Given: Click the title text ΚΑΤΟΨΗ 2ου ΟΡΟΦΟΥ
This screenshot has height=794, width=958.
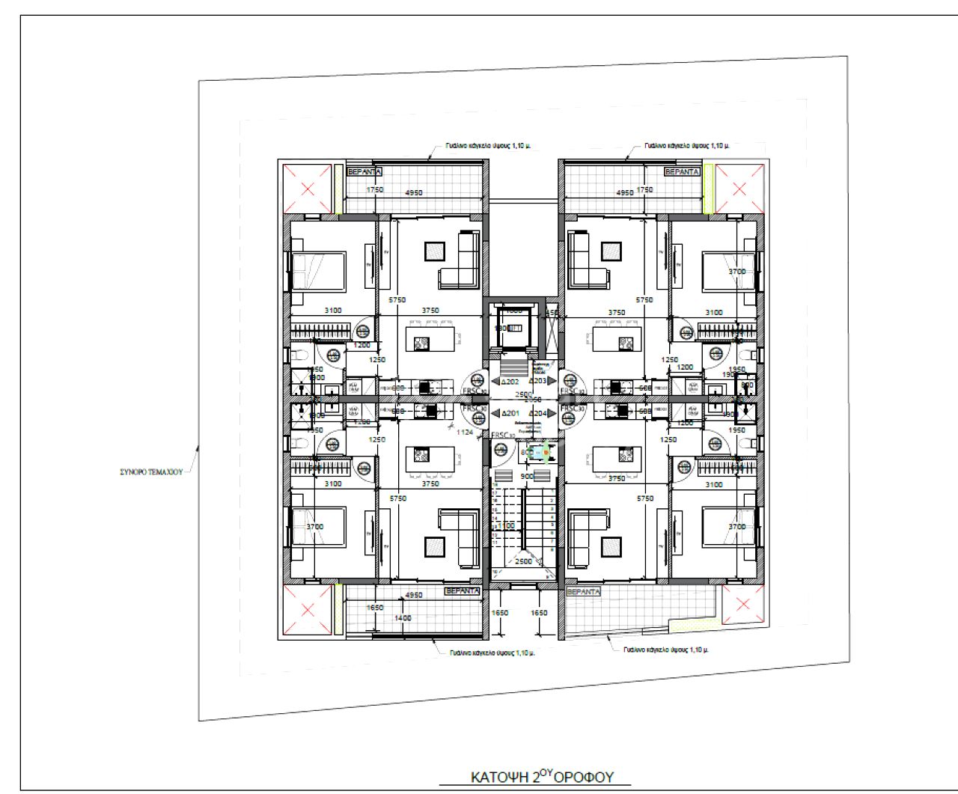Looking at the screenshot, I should [542, 777].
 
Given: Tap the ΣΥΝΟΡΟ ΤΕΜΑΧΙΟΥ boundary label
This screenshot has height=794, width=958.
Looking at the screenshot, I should [151, 472].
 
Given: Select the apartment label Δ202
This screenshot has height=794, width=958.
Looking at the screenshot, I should [509, 382].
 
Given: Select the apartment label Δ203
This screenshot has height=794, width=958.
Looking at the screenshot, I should [537, 382].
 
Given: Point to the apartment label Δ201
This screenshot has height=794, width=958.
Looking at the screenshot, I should [510, 413].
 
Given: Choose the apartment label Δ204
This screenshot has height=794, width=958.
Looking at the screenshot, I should [537, 413].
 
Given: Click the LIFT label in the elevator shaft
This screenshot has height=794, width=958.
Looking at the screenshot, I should [514, 329].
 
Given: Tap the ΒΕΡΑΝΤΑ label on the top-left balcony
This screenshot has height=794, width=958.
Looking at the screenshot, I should [365, 172].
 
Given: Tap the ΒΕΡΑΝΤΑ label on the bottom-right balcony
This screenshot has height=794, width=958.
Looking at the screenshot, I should [584, 592].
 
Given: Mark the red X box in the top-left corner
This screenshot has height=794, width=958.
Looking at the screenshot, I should [307, 189].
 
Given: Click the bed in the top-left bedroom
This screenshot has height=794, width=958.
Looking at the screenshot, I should [318, 270].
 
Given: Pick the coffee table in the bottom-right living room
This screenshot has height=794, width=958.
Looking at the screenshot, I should [611, 547].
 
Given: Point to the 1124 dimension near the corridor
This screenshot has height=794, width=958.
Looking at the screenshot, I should [465, 432].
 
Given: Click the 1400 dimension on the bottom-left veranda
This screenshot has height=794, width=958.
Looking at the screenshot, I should [403, 618].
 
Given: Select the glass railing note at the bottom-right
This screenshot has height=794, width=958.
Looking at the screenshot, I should [665, 650].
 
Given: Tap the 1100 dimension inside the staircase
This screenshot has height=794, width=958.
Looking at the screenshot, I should [506, 526].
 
